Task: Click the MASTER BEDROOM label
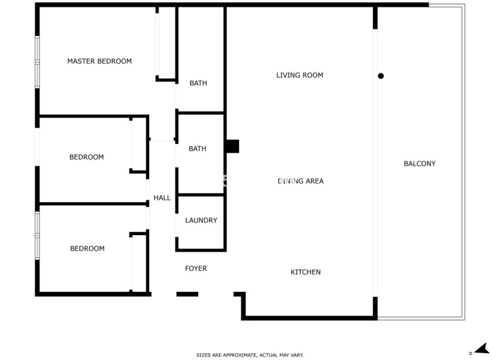(99, 61)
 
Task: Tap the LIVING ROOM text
(299, 75)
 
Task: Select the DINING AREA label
(301, 181)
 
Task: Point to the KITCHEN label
(305, 272)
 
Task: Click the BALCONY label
(420, 164)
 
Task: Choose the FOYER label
(196, 269)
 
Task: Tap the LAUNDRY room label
(201, 220)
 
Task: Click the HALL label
(162, 198)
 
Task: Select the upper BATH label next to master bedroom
(198, 83)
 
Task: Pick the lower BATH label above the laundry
(197, 149)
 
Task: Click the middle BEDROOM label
(87, 157)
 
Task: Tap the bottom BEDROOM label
(87, 248)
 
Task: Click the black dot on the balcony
(380, 76)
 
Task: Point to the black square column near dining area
(232, 146)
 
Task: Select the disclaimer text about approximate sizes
(250, 355)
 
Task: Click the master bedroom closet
(166, 43)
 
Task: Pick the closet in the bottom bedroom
(139, 263)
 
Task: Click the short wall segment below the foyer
(187, 294)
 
